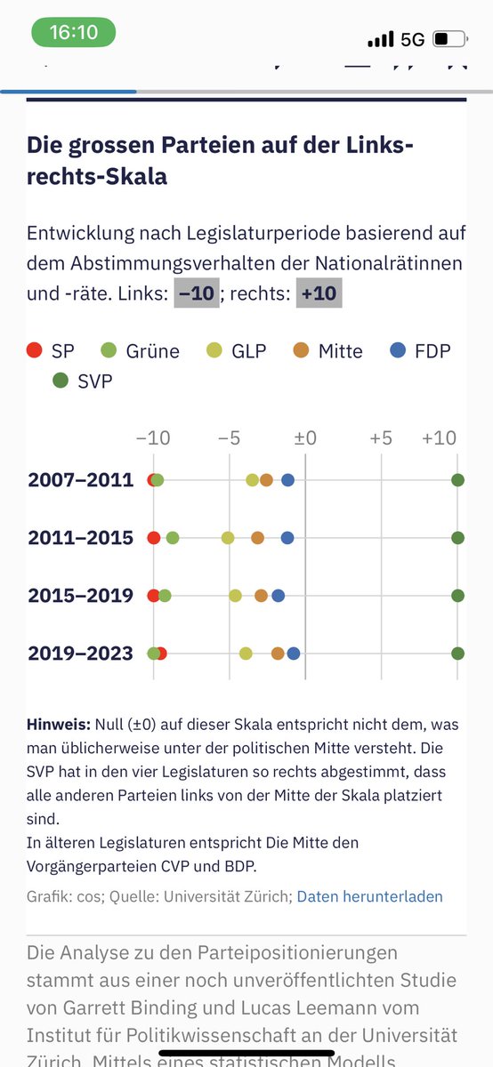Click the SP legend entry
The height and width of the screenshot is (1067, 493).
tap(51, 350)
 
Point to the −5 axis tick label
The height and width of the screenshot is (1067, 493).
tap(230, 438)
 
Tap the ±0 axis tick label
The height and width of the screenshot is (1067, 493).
tap(305, 438)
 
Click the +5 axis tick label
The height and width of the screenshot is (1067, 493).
tap(381, 438)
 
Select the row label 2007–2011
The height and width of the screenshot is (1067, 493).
tap(80, 480)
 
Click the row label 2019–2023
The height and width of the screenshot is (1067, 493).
tap(80, 654)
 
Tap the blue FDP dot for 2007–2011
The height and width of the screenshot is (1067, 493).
tap(287, 480)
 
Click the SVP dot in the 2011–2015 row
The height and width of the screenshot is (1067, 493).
tap(457, 538)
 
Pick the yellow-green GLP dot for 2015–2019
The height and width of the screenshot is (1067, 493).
tap(235, 596)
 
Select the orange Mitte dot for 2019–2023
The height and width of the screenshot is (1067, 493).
tap(278, 654)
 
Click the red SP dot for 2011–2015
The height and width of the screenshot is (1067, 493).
tap(153, 538)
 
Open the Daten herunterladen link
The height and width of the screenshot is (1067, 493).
tap(369, 896)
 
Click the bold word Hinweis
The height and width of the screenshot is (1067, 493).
tap(57, 725)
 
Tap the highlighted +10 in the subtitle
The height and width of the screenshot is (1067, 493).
tap(318, 293)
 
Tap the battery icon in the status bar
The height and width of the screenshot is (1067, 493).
tap(449, 39)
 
